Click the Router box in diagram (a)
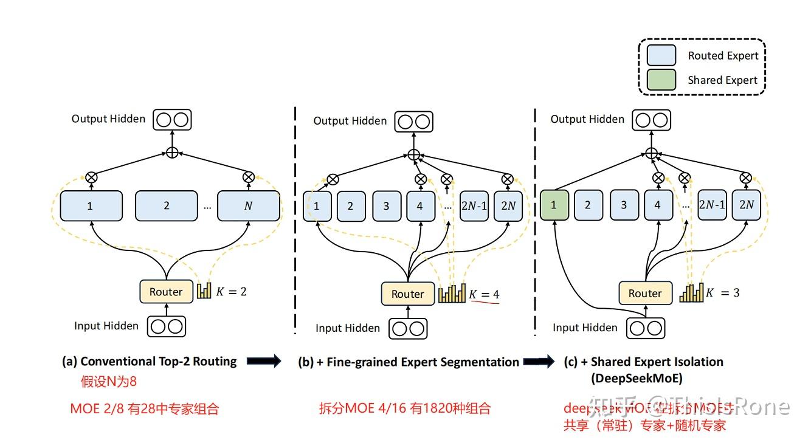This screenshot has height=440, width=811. click(x=166, y=292)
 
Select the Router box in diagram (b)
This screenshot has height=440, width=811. click(x=407, y=294)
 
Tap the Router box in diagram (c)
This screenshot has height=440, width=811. click(x=644, y=294)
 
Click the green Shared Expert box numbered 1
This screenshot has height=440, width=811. click(x=554, y=205)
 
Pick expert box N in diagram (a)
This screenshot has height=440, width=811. click(x=248, y=206)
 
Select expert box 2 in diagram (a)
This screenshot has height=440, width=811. click(x=166, y=206)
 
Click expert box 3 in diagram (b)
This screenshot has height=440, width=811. click(x=386, y=206)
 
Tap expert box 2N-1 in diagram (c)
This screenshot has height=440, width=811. click(x=712, y=205)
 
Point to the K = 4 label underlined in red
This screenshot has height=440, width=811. click(x=484, y=295)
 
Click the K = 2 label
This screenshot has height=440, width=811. click(x=230, y=292)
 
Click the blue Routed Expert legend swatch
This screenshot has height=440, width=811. click(x=661, y=55)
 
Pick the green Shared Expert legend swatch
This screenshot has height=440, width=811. click(x=661, y=80)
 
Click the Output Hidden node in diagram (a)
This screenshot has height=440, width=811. click(x=172, y=119)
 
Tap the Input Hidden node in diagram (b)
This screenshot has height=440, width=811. click(x=407, y=329)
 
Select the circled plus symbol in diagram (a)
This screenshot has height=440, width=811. click(x=172, y=153)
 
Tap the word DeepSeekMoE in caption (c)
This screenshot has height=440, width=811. click(x=637, y=378)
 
